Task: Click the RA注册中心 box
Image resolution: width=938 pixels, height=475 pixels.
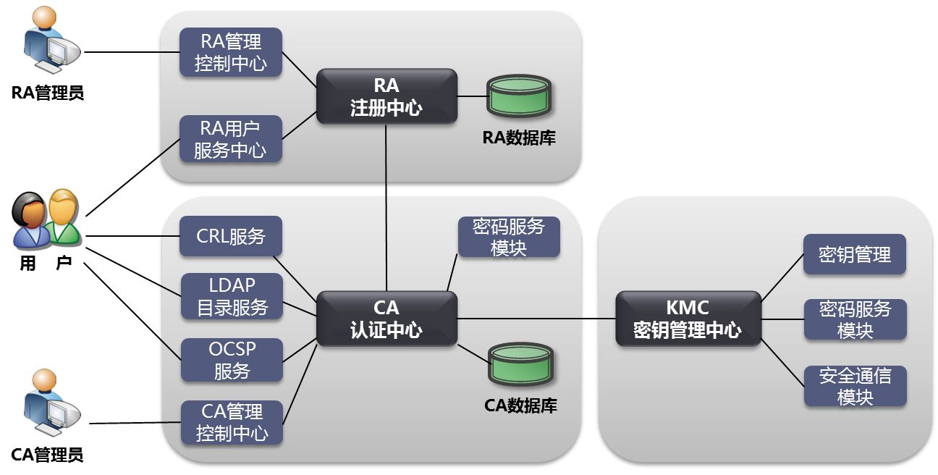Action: [x=386, y=96]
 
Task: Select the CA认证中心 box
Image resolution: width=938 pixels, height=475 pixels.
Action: [x=386, y=319]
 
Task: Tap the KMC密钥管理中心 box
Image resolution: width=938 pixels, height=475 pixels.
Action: [x=687, y=319]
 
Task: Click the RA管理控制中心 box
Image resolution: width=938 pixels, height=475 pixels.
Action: [x=230, y=52]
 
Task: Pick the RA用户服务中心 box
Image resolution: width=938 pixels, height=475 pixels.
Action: [x=230, y=139]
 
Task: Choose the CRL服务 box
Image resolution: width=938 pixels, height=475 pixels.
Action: [x=230, y=236]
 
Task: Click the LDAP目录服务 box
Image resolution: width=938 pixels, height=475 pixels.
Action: [x=232, y=296]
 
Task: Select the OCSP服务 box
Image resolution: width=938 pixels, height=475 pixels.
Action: [x=232, y=360]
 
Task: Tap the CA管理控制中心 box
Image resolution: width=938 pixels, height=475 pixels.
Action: [x=232, y=422]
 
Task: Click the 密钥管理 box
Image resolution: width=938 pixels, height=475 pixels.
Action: [x=854, y=254]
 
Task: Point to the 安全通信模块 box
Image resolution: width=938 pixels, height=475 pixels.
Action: [x=855, y=386]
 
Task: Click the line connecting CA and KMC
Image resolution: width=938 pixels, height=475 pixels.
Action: [x=536, y=318]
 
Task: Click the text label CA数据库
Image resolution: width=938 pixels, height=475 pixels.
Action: [x=520, y=405]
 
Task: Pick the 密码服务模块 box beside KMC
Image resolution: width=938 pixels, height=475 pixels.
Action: [x=855, y=319]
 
